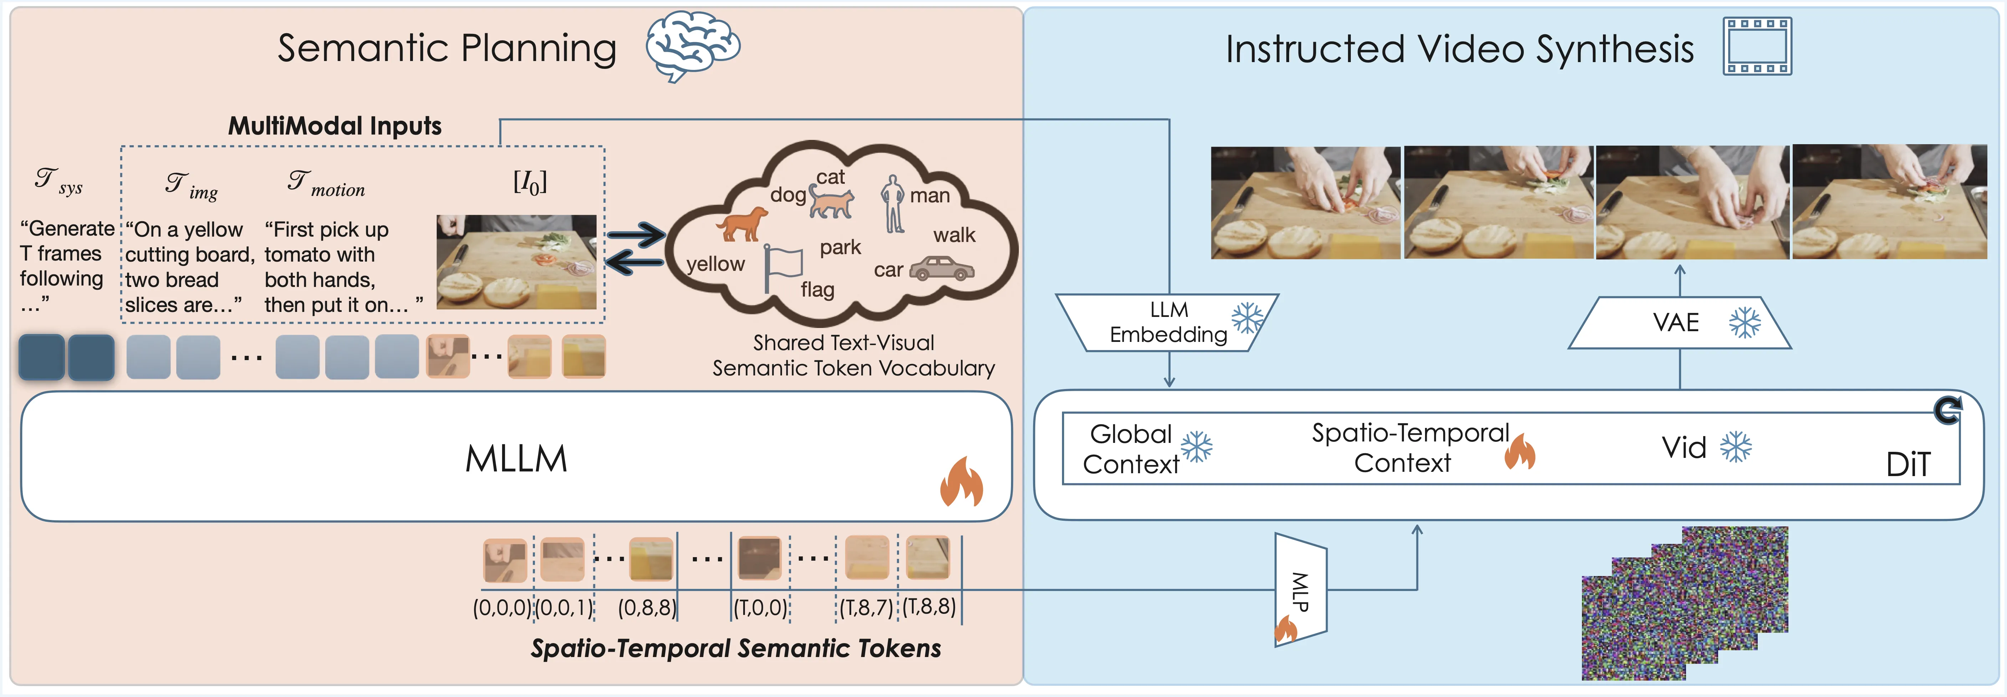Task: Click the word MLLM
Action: click(x=516, y=459)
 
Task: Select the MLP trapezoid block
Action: click(x=1299, y=590)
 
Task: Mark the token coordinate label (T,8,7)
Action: click(x=865, y=607)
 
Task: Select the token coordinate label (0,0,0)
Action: click(x=502, y=607)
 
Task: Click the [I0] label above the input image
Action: click(x=530, y=182)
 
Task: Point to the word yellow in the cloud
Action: click(x=715, y=264)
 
